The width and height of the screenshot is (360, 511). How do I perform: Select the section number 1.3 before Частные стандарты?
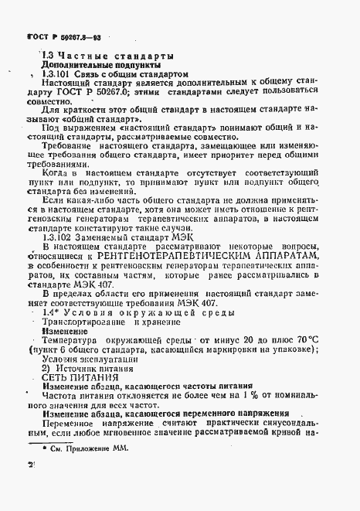tap(46, 56)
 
